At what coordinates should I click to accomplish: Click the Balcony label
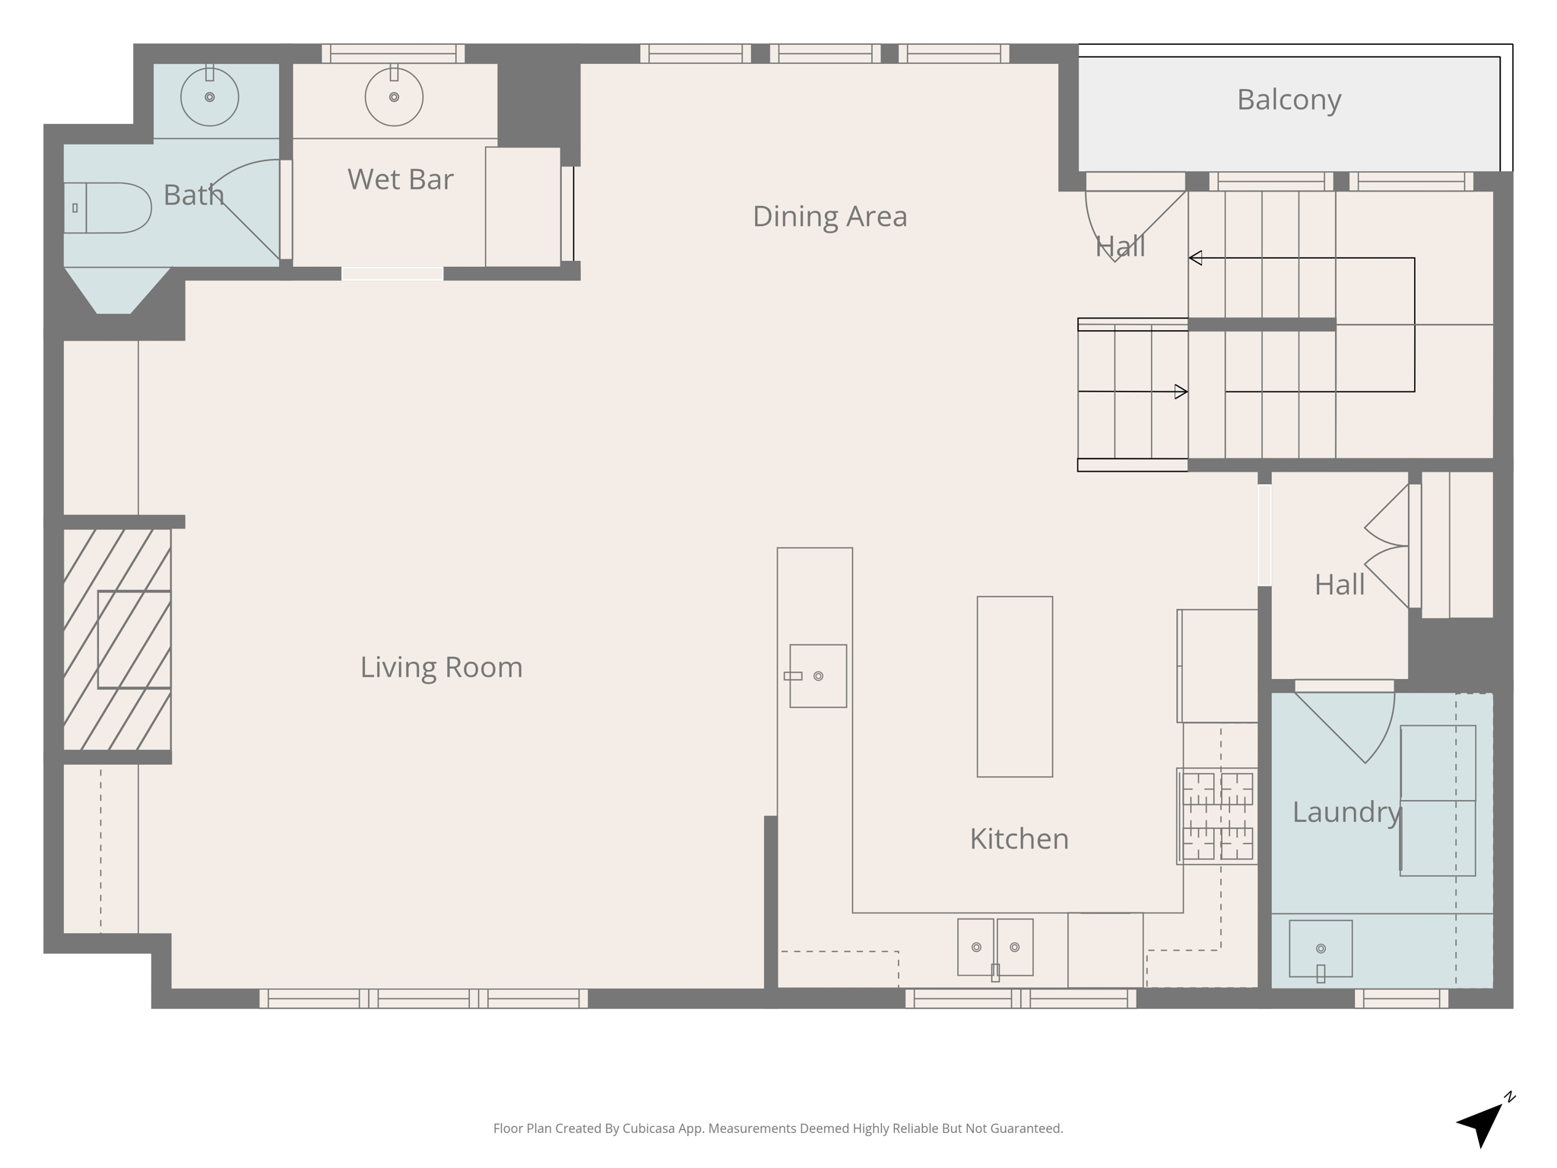(1289, 100)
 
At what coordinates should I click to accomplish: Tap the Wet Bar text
(400, 179)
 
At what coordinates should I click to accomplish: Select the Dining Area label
(829, 217)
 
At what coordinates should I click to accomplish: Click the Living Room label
(441, 668)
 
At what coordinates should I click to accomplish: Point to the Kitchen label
(1019, 839)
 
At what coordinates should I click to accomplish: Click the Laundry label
(1346, 812)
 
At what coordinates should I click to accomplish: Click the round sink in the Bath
(209, 97)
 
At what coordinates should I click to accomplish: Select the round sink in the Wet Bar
(394, 97)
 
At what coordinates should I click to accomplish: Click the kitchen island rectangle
(1014, 687)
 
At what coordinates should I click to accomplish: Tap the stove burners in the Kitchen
(1217, 816)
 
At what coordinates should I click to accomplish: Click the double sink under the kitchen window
(995, 947)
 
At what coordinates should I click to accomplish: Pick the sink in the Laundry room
(1321, 949)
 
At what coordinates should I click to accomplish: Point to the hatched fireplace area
(117, 640)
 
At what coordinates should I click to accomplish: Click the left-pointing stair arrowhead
(1195, 258)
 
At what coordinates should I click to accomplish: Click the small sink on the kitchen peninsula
(818, 676)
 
